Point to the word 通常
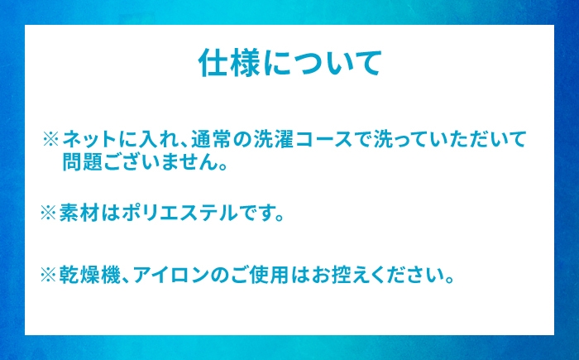click(x=210, y=139)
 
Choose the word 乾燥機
click(x=89, y=275)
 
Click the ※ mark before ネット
click(x=51, y=139)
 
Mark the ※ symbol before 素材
click(x=48, y=214)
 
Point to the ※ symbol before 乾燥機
click(x=48, y=275)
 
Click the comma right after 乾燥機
click(x=126, y=280)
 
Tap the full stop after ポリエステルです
click(x=279, y=218)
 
